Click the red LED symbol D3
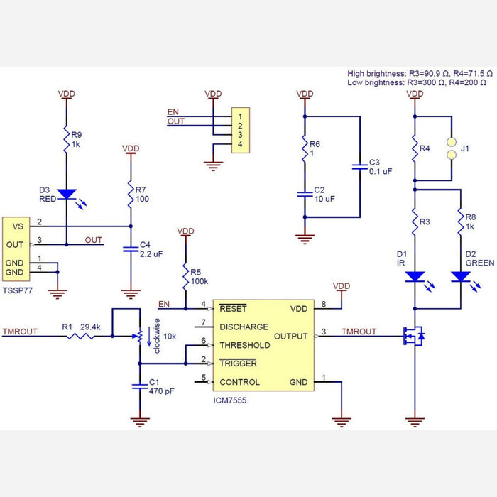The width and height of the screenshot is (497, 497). [66, 193]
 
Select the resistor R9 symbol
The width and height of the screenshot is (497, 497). [66, 137]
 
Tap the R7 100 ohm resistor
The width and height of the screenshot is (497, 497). [131, 192]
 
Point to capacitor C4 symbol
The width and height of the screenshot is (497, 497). [131, 249]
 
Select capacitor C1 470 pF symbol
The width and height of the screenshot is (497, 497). [139, 386]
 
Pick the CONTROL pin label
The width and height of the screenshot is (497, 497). [240, 382]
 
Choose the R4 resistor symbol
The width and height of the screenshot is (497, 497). [413, 150]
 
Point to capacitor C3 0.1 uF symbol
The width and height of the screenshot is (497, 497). [359, 168]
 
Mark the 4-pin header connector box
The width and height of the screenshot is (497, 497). [241, 130]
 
